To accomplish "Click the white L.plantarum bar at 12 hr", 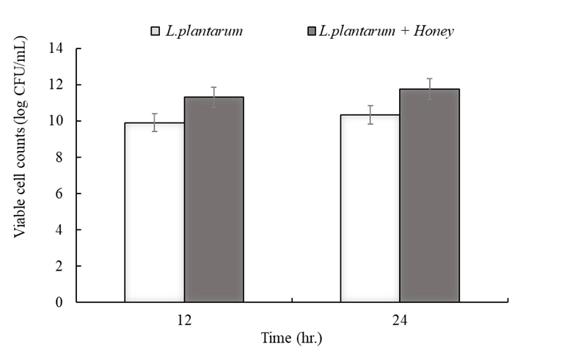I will (x=154, y=213).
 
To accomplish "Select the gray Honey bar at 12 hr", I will (x=213, y=199).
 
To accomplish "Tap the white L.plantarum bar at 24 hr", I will (x=370, y=208).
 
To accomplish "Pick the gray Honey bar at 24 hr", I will (x=429, y=196).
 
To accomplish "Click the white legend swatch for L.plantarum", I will (x=156, y=31).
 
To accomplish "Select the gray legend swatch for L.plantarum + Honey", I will (x=312, y=31).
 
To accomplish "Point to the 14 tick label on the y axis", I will (x=57, y=49).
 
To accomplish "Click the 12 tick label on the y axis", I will (x=57, y=85).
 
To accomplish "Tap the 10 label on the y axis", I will (x=57, y=121).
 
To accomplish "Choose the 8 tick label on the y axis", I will (x=61, y=158).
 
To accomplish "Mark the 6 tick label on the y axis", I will (x=61, y=194).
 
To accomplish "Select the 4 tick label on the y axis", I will (x=61, y=229).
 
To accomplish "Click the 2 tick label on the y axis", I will (x=61, y=265).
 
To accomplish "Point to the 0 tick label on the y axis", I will (x=61, y=301).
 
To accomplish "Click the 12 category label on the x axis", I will (x=185, y=320).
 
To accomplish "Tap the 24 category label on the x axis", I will (x=400, y=320).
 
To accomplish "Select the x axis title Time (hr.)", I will (x=292, y=339).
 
